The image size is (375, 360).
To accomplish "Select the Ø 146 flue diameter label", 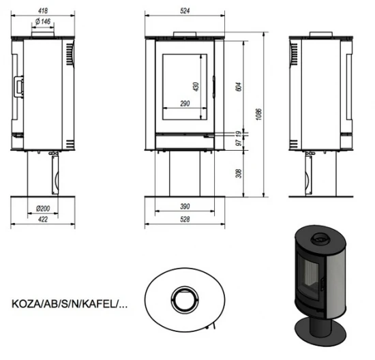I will pos(42,22).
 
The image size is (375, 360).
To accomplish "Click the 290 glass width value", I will pos(184,103).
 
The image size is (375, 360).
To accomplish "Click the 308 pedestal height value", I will pos(238,174).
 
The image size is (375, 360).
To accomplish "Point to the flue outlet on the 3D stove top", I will pos(319,239).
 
